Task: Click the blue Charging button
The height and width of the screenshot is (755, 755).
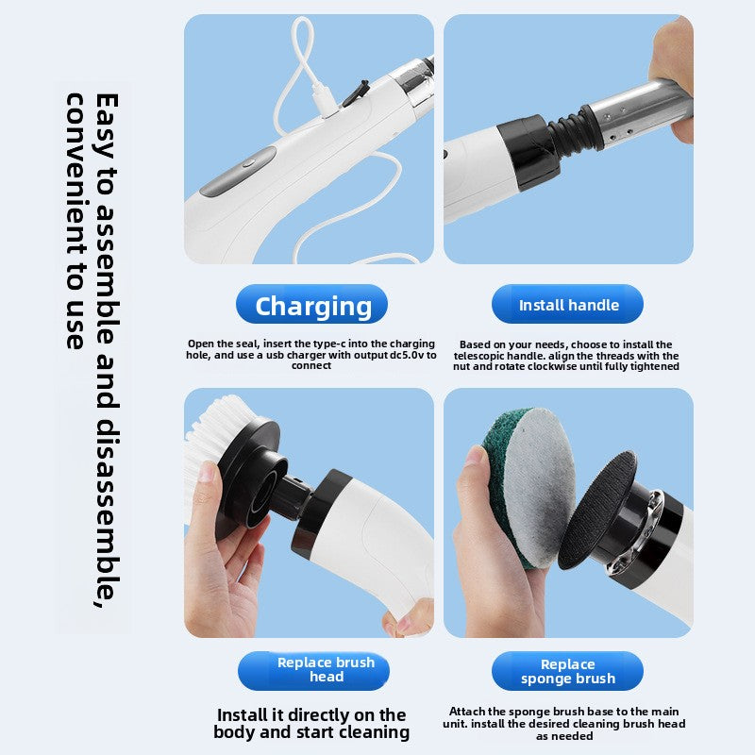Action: click(x=311, y=305)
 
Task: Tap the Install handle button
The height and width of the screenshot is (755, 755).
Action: click(x=568, y=305)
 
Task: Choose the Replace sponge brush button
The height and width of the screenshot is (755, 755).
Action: click(x=568, y=671)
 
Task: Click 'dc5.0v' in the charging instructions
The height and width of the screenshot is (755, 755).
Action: click(x=406, y=356)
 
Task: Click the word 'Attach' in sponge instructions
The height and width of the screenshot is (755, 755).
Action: click(x=468, y=712)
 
